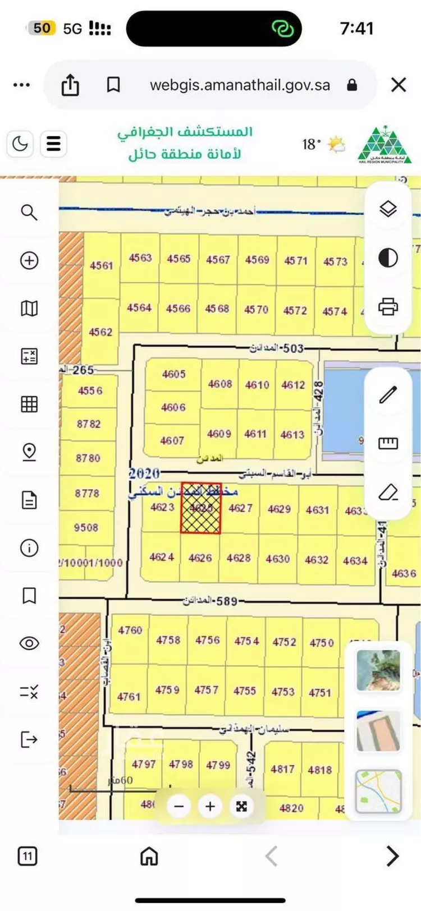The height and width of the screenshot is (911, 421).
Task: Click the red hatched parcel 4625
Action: click(200, 508)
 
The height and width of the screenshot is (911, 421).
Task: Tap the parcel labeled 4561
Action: click(102, 265)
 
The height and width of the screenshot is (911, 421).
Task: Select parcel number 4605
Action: click(173, 374)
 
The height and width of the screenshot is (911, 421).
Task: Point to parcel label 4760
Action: click(130, 630)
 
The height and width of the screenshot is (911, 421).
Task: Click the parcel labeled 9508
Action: click(86, 527)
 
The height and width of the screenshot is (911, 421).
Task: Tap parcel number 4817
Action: click(282, 769)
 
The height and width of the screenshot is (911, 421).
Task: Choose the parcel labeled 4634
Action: click(355, 560)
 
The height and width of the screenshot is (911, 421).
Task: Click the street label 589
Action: click(226, 601)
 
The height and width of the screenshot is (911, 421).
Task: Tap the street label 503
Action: click(292, 348)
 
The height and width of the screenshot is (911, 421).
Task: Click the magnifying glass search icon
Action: click(29, 212)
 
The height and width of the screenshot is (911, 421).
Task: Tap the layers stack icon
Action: click(388, 209)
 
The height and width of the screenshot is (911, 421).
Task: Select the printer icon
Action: click(388, 307)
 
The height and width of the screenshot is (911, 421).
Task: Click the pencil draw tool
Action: click(388, 395)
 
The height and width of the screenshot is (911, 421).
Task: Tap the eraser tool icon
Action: click(388, 493)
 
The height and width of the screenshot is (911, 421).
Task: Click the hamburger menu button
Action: click(53, 144)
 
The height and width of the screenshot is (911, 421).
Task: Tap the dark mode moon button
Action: click(20, 144)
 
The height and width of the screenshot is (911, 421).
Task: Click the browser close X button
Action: click(399, 85)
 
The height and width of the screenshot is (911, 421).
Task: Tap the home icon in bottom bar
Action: click(149, 856)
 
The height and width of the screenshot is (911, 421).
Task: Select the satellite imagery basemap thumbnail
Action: click(378, 670)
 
